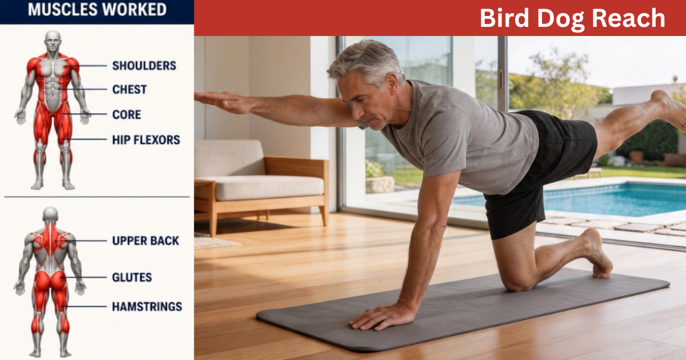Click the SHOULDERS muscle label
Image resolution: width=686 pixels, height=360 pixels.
coord(144,66)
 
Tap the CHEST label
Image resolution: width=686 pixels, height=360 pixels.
coord(130,89)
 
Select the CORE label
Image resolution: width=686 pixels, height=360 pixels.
coord(127,114)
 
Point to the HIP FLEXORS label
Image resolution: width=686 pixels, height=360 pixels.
coord(146,140)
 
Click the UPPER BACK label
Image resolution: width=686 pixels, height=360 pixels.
coord(145,241)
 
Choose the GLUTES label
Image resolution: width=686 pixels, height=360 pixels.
coord(132,277)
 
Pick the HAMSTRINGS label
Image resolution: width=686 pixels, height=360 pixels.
coord(147,306)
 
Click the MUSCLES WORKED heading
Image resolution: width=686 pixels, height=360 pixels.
coord(97,10)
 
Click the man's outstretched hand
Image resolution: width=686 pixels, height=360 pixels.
coord(224,102)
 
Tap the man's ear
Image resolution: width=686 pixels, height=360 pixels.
coord(392,83)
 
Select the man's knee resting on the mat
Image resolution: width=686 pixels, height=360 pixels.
coord(517,283)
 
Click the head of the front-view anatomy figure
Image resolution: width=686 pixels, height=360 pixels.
coord(53,41)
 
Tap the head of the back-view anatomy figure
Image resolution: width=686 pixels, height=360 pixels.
coord(50,215)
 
